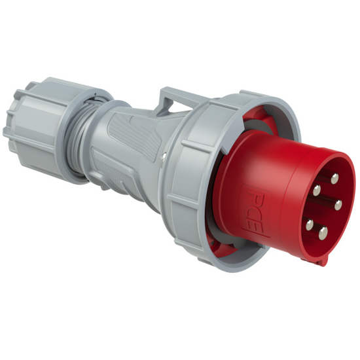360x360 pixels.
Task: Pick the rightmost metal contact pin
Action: pos(338,205)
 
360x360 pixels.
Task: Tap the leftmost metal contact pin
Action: pos(309,224)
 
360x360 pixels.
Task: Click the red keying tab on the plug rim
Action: pos(320,261)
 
